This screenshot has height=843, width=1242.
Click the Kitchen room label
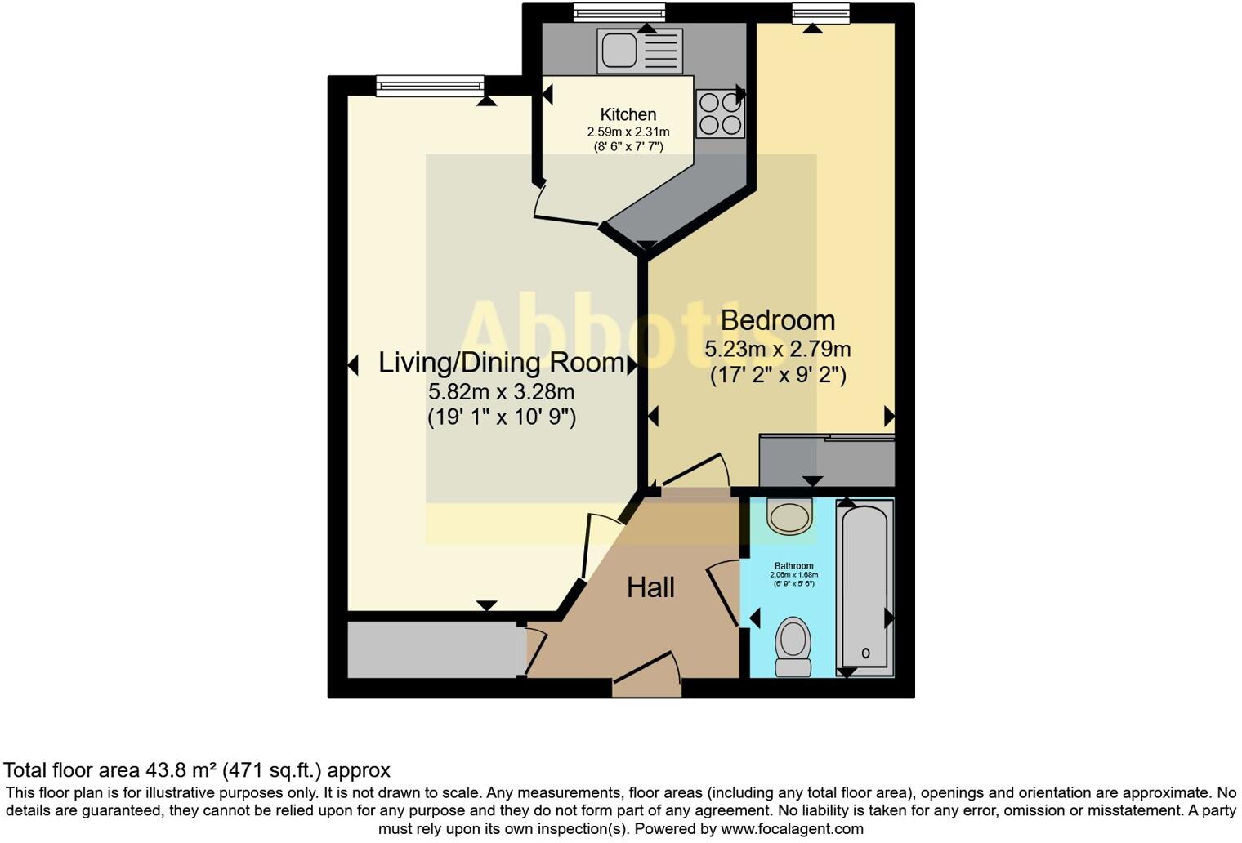(x=628, y=114)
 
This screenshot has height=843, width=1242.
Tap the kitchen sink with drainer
(x=639, y=50)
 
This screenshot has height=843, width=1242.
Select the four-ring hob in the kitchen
(x=720, y=114)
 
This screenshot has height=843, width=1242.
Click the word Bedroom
(x=777, y=320)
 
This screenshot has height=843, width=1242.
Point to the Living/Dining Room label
(x=501, y=363)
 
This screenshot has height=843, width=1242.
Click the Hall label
(x=650, y=587)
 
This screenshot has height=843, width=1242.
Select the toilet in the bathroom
(x=793, y=645)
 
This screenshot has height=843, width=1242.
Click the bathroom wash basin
(x=789, y=516)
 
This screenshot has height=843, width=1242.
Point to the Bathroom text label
(x=793, y=566)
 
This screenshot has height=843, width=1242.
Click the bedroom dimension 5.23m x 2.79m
(x=777, y=350)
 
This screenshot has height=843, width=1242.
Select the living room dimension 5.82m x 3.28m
(x=501, y=391)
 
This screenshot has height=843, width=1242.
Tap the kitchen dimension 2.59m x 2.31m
(x=628, y=132)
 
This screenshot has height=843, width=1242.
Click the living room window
(x=429, y=84)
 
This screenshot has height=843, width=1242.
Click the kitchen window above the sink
(x=619, y=12)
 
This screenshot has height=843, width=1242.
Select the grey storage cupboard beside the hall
(x=436, y=650)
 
